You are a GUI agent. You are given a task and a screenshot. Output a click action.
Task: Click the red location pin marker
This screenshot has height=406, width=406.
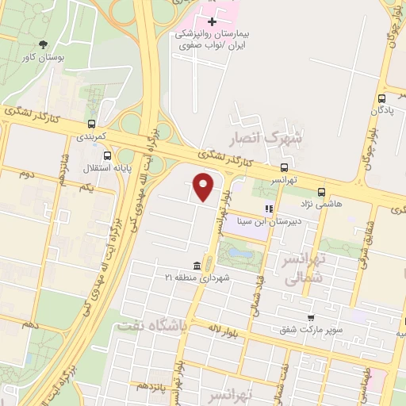204,187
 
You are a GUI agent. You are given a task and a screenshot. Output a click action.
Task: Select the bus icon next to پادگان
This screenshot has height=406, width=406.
383,98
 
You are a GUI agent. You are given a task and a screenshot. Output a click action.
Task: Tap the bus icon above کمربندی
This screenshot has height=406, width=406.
93,124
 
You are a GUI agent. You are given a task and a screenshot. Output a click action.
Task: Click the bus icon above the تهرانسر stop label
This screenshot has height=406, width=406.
283,167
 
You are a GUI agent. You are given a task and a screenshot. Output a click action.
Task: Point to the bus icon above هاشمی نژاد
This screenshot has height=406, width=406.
321,191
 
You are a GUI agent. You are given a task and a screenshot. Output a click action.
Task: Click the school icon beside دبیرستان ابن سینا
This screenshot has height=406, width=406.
270,209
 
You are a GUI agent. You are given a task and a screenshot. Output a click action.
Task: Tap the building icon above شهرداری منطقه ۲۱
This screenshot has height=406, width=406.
197,265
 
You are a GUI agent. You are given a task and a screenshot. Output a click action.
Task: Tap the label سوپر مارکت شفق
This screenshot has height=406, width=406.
316,327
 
